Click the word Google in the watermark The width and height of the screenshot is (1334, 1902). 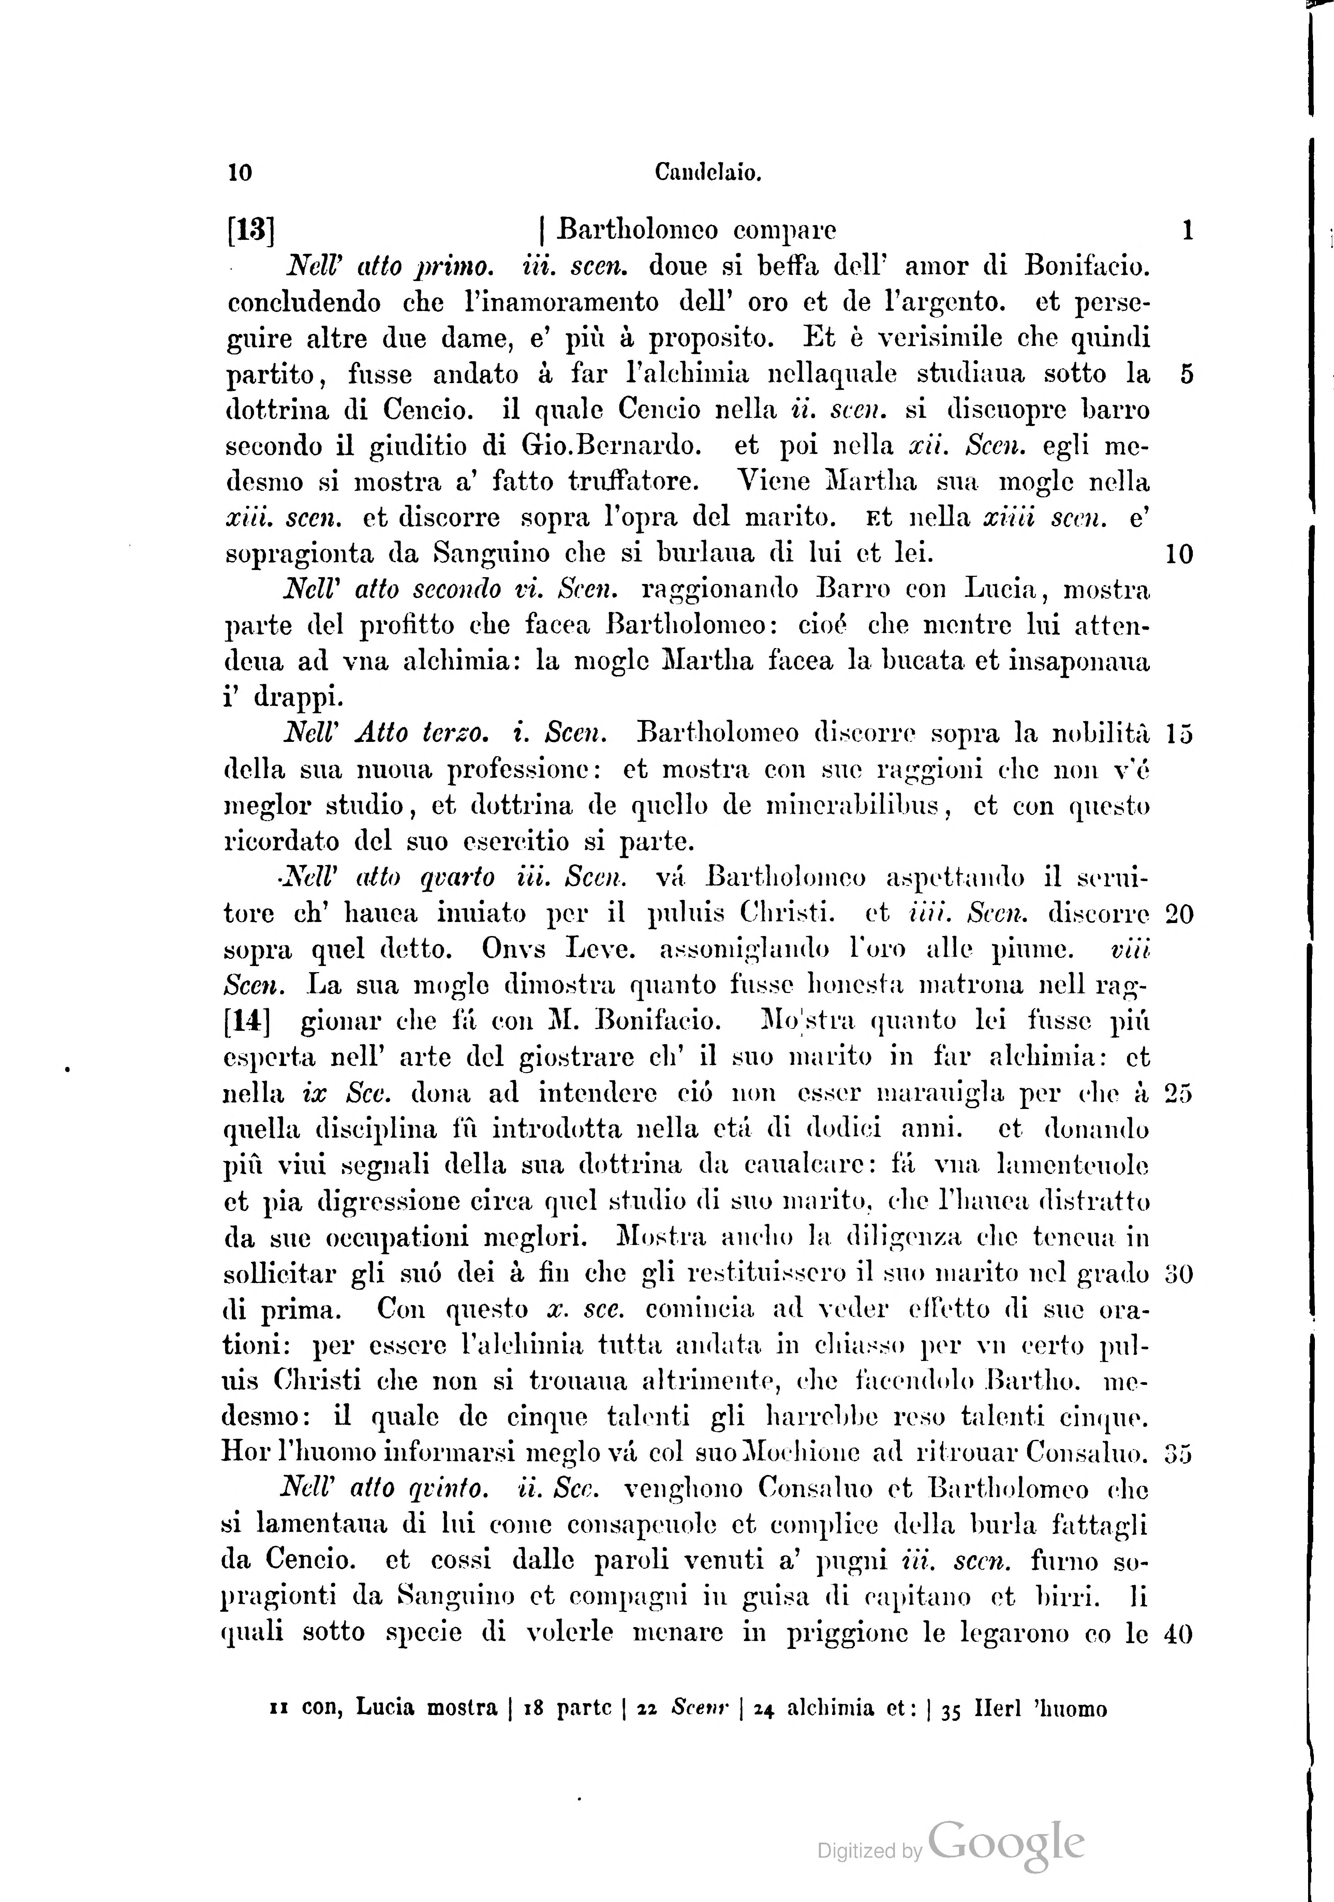pyautogui.click(x=1006, y=1843)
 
